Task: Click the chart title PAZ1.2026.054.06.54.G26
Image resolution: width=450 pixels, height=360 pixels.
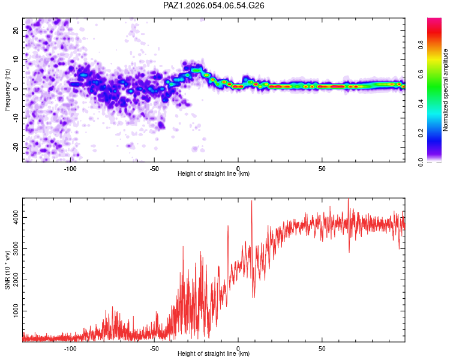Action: coord(214,5)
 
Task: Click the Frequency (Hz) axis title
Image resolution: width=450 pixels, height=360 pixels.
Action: coord(7,89)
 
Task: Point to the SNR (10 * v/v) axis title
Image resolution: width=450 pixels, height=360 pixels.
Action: coord(7,269)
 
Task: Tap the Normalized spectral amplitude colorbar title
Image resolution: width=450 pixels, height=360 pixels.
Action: coord(446,90)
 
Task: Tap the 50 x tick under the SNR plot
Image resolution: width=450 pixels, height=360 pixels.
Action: coord(322,347)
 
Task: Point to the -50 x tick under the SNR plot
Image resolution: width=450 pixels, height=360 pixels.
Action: coord(154,347)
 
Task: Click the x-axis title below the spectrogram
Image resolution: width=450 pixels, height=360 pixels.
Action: coord(214,174)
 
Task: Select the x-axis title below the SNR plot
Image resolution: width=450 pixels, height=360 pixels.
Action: coord(214,354)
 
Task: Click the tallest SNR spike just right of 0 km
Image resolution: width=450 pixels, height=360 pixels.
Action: coord(251,202)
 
